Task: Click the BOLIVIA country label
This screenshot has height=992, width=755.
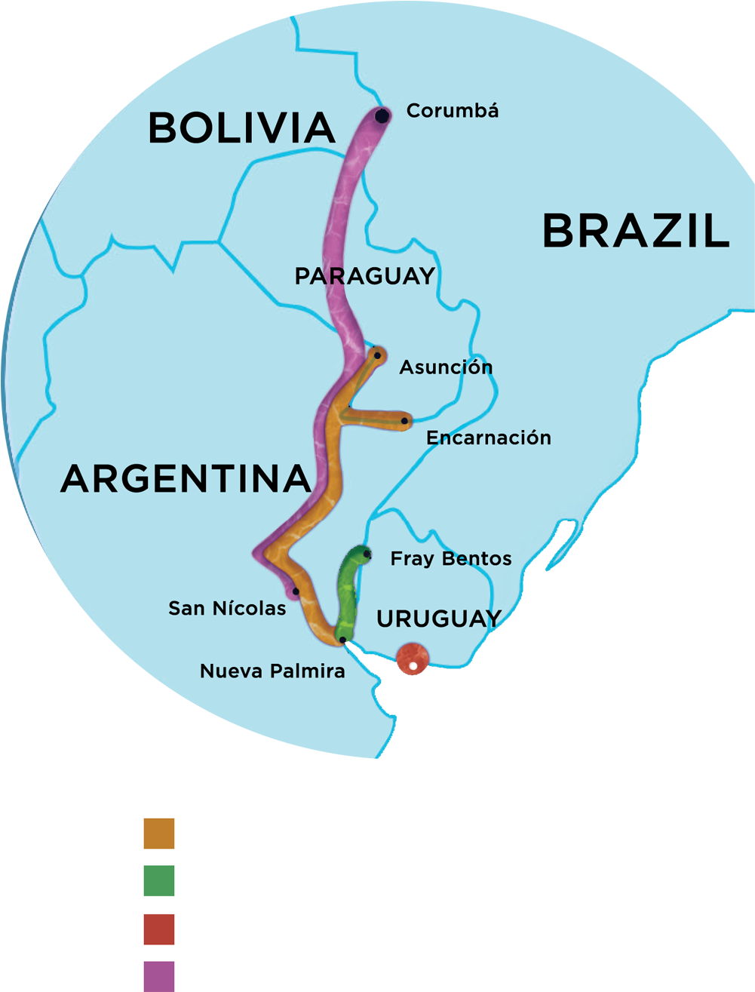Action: [x=241, y=127]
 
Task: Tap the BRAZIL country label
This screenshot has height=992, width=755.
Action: [x=636, y=231]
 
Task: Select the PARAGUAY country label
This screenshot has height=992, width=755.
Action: [x=365, y=276]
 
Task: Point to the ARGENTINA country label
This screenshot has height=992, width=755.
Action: [x=185, y=478]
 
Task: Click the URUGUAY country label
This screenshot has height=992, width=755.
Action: [x=439, y=619]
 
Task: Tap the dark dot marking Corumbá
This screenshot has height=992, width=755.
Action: [x=382, y=116]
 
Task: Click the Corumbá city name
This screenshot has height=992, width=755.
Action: [x=453, y=111]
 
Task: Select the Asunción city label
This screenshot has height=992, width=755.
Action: [x=446, y=367]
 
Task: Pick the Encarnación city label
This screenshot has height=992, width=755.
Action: [x=488, y=438]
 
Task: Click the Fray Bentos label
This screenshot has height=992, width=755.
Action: [x=450, y=559]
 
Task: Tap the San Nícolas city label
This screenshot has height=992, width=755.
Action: [x=227, y=608]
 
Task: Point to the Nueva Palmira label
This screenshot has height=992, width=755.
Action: [x=272, y=671]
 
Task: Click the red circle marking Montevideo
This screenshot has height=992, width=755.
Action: [x=412, y=658]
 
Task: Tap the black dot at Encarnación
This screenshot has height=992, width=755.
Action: [x=405, y=421]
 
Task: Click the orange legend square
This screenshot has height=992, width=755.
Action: [x=159, y=833]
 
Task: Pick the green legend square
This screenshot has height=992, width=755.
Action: [x=159, y=880]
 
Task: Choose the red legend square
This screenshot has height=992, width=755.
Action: [x=159, y=929]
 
